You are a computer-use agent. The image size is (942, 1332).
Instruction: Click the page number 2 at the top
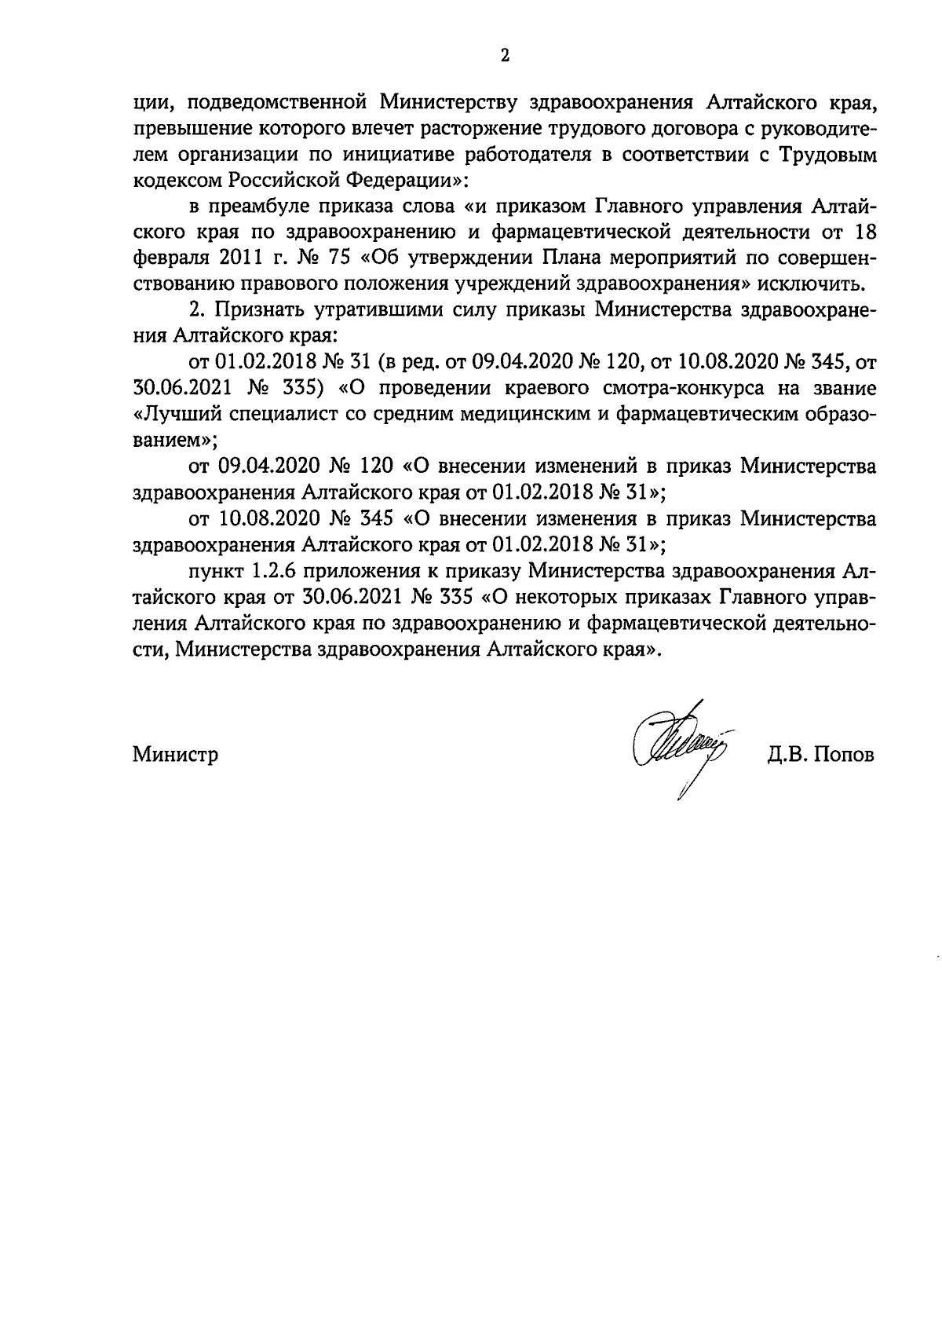click(x=505, y=56)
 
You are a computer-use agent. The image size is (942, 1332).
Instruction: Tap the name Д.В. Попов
click(x=820, y=755)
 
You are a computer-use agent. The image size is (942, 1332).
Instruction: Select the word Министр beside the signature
click(x=175, y=755)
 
